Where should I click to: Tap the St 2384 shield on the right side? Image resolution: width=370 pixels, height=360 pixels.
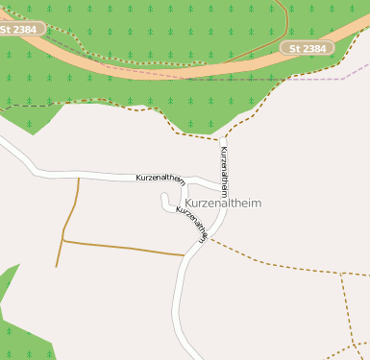(x=308, y=47)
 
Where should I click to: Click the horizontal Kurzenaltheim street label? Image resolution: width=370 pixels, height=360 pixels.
(x=160, y=178)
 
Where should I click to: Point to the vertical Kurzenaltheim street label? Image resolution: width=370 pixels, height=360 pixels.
(x=224, y=173)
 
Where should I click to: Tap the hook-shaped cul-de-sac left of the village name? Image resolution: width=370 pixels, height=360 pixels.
(x=166, y=204)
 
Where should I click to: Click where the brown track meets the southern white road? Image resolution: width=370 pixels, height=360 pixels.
(x=185, y=255)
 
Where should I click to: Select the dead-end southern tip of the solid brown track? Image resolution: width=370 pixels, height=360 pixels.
(x=57, y=266)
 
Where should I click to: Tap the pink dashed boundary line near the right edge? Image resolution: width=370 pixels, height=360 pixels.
(x=336, y=74)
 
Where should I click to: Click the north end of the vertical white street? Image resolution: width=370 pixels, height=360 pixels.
(x=223, y=139)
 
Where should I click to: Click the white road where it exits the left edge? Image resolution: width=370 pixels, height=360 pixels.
(x=3, y=144)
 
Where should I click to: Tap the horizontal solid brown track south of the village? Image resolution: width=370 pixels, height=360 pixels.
(x=125, y=248)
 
